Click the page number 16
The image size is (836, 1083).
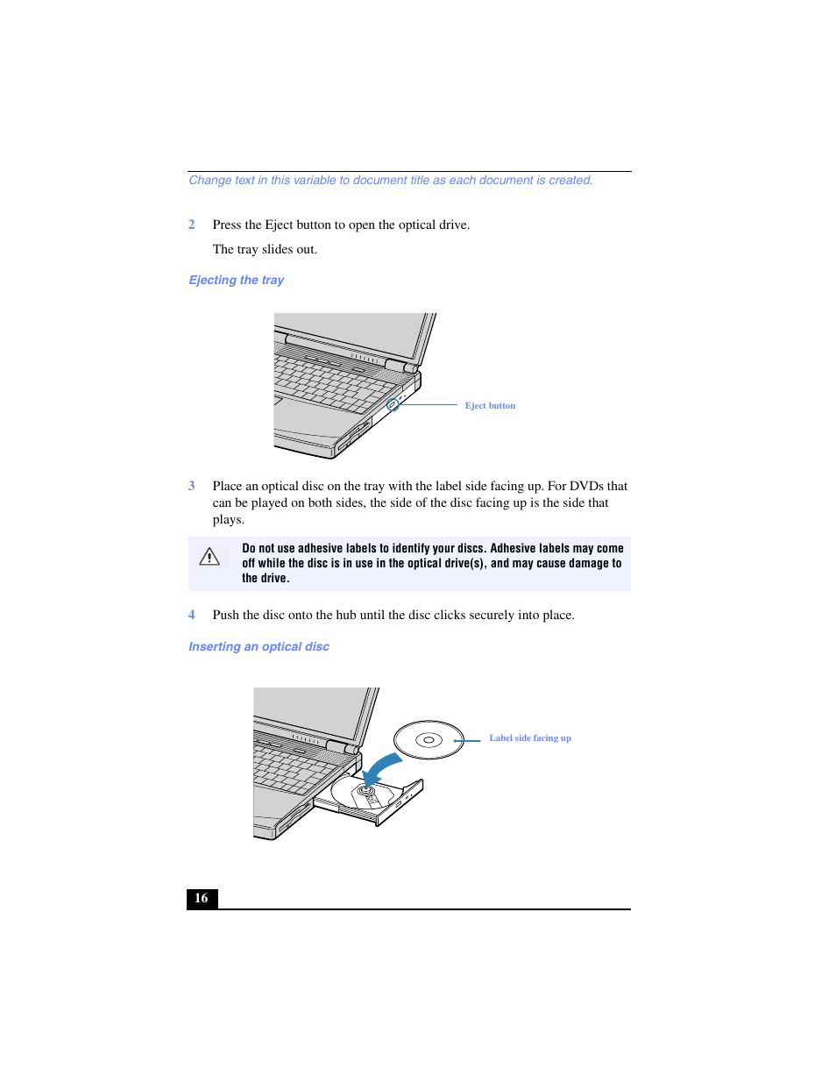pos(202,898)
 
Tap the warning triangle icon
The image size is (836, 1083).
pos(209,556)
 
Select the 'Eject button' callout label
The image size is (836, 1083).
pos(490,406)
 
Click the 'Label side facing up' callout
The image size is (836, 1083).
pos(529,738)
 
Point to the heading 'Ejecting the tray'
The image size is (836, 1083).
pos(236,280)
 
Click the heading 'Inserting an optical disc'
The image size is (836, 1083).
pos(259,646)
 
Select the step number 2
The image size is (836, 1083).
pos(192,224)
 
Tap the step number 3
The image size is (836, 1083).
pos(192,486)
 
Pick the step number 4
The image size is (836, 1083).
pos(192,615)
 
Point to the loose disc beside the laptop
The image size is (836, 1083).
pos(429,740)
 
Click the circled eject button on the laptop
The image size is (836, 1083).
pos(393,404)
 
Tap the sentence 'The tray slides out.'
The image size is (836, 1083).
pos(265,249)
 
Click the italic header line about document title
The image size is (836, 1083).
pos(391,180)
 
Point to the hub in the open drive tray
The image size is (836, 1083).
pos(367,792)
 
